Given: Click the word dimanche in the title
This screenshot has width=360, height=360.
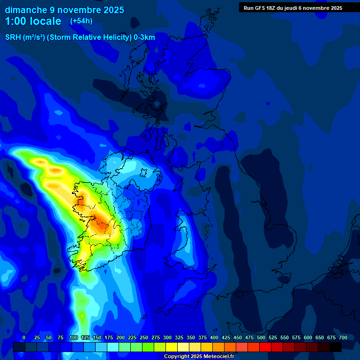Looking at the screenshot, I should pyautogui.click(x=25, y=10).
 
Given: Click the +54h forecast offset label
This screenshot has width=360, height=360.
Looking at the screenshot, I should pyautogui.click(x=81, y=21).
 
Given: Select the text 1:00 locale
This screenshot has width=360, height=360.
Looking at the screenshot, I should pyautogui.click(x=33, y=21).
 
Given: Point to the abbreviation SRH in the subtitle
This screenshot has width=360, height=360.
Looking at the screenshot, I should pyautogui.click(x=14, y=37).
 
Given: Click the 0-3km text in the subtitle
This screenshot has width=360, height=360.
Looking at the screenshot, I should pyautogui.click(x=144, y=37).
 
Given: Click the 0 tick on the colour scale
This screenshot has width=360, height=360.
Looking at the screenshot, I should pyautogui.click(x=24, y=337).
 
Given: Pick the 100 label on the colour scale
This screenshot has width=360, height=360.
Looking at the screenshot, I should pyautogui.click(x=74, y=337).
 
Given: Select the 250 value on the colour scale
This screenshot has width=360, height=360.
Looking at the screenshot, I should pyautogui.click(x=144, y=337).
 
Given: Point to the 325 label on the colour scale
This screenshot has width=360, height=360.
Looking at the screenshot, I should pyautogui.click(x=179, y=337).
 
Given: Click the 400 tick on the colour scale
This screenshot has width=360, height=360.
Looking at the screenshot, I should pyautogui.click(x=214, y=337).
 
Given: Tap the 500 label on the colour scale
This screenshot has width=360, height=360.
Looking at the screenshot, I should pyautogui.click(x=261, y=337).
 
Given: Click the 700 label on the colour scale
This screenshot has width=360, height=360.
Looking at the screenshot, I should pyautogui.click(x=343, y=337).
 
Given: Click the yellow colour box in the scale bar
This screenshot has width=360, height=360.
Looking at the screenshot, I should pyautogui.click(x=172, y=347).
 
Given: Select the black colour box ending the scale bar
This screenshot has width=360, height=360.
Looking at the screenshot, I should pyautogui.click(x=336, y=347).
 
